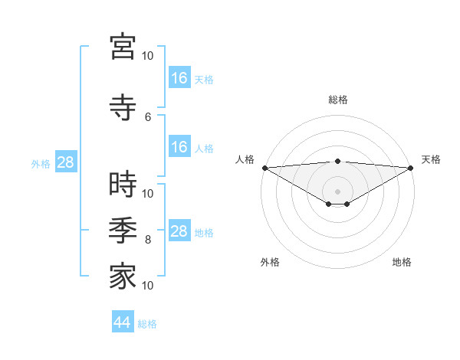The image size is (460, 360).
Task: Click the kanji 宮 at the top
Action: [123, 47]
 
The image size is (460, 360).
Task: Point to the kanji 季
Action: [123, 231]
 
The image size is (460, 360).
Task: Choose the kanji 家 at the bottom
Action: [123, 277]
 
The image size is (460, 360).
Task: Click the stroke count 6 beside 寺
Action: [148, 116]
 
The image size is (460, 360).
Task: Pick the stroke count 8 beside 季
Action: [148, 240]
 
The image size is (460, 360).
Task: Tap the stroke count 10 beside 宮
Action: [148, 56]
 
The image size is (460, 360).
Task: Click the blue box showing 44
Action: [123, 322]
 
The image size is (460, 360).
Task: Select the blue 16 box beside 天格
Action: [179, 77]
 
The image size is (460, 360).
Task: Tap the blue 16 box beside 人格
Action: [179, 147]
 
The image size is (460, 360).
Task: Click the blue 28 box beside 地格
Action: [179, 231]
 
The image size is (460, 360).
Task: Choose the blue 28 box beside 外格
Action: [65, 162]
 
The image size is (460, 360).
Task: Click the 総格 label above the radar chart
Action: [337, 100]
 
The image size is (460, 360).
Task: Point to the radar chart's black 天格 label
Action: [431, 159]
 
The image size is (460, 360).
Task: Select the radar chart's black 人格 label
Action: [245, 159]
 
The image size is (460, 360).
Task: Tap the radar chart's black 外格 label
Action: [270, 262]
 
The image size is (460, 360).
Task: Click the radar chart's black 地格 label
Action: [402, 262]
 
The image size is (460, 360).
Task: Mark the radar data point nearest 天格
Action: [411, 168]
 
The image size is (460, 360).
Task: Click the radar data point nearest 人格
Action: [264, 168]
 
